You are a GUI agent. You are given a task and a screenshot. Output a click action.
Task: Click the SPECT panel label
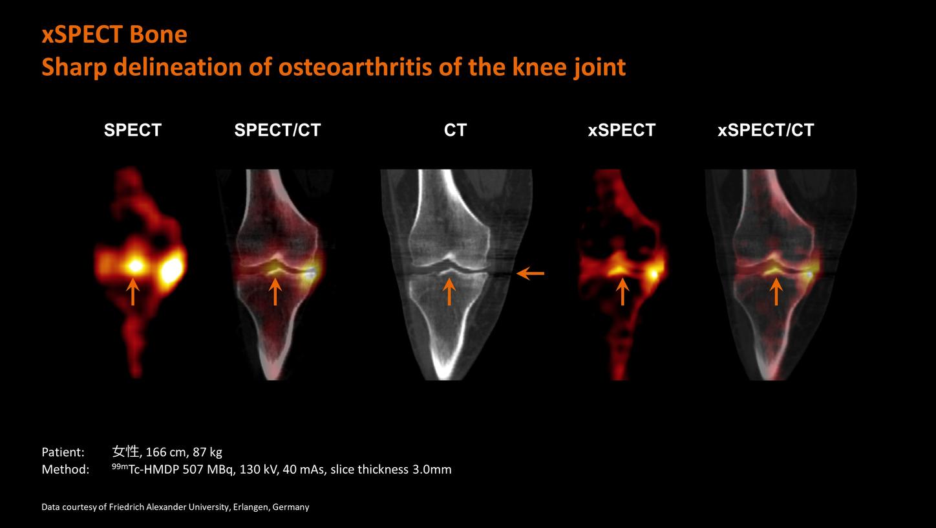pyautogui.click(x=133, y=130)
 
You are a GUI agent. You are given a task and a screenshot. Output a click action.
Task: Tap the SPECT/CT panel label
pyautogui.click(x=277, y=130)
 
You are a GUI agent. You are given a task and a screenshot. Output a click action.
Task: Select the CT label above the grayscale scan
pyautogui.click(x=455, y=130)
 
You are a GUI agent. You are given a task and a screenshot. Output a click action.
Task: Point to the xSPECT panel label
pyautogui.click(x=621, y=130)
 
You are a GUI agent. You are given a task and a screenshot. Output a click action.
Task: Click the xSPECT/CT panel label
pyautogui.click(x=765, y=130)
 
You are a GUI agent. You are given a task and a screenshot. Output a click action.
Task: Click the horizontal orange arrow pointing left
pyautogui.click(x=530, y=274)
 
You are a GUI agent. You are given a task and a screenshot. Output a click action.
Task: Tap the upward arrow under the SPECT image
pyautogui.click(x=133, y=291)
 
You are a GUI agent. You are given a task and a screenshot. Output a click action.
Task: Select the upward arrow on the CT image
pyautogui.click(x=449, y=291)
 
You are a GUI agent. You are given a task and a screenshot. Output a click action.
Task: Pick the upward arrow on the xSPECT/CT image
pyautogui.click(x=776, y=291)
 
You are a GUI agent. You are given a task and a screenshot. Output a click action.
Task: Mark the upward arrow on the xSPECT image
pyautogui.click(x=622, y=291)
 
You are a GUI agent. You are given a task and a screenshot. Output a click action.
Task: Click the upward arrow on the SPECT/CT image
pyautogui.click(x=275, y=291)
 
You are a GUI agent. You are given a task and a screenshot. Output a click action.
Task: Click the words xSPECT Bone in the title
pyautogui.click(x=114, y=34)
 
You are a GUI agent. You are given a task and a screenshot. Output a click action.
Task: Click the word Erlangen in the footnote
pyautogui.click(x=250, y=507)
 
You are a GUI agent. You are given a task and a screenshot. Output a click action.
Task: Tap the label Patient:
pyautogui.click(x=63, y=452)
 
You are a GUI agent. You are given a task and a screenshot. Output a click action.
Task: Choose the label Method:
pyautogui.click(x=65, y=469)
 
